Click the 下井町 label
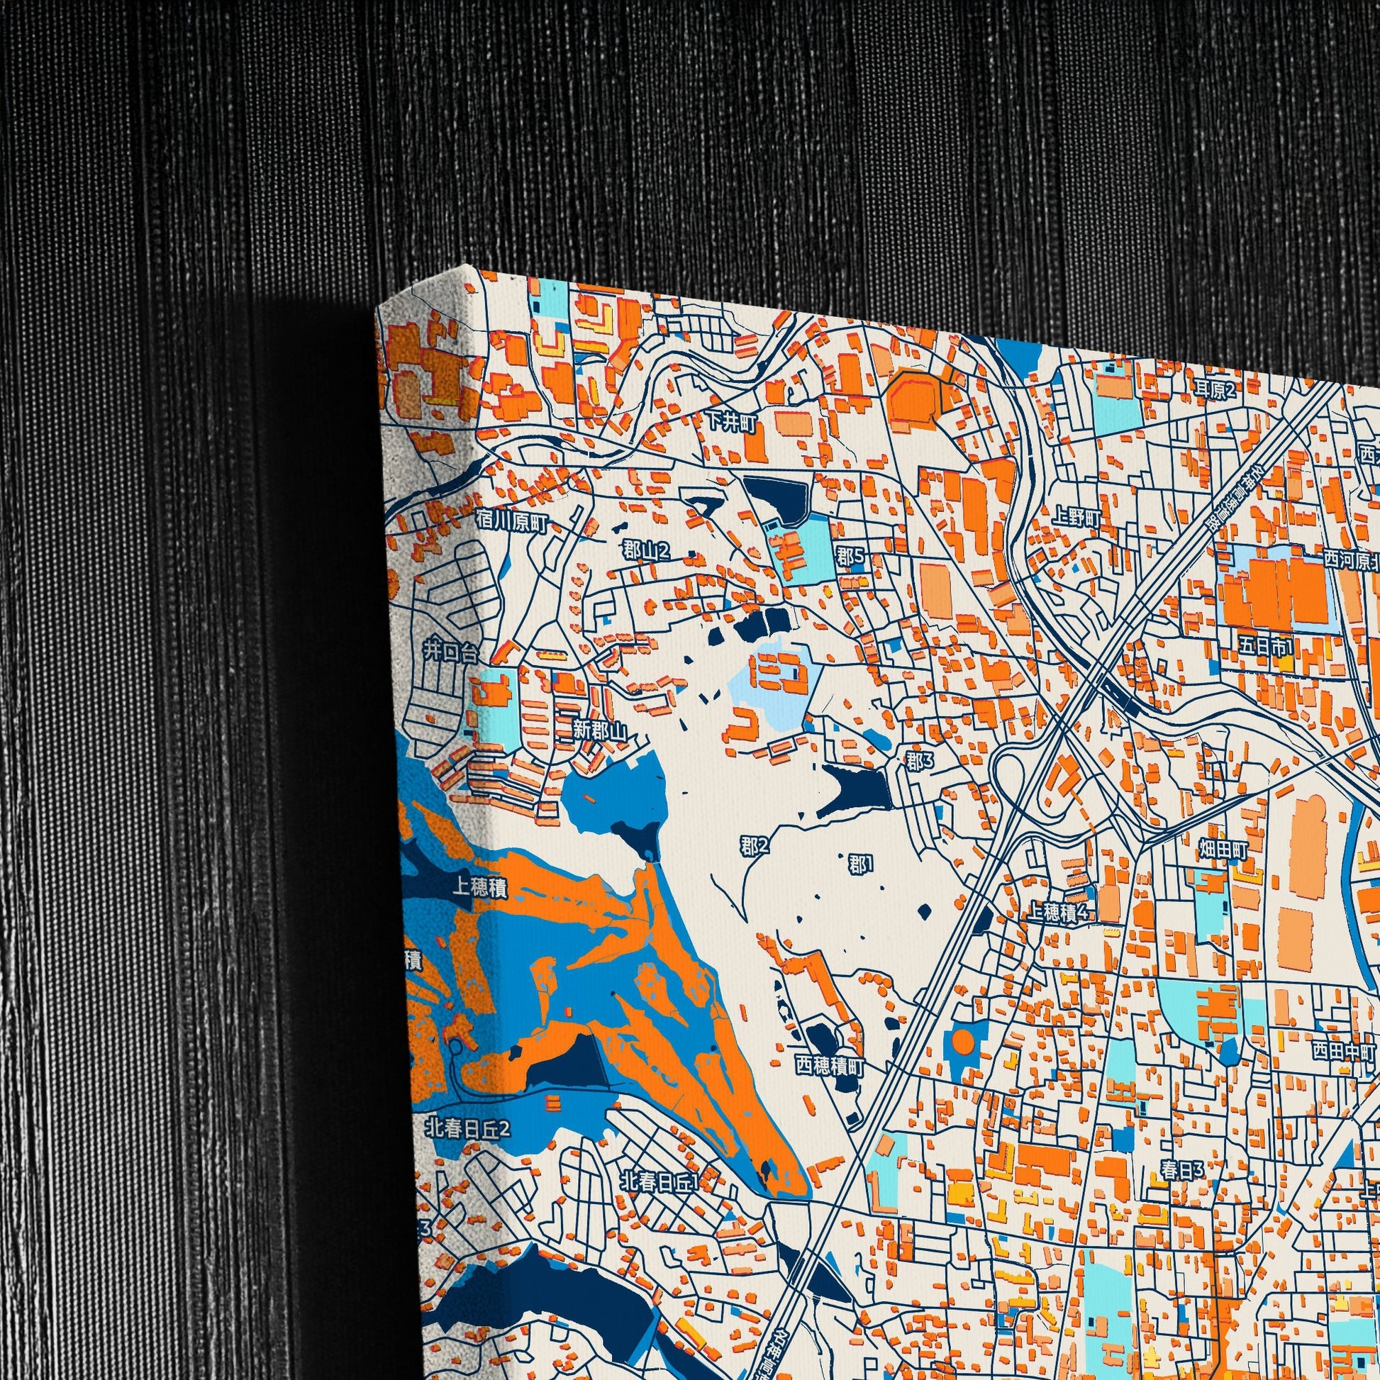730,422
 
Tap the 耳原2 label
1215,389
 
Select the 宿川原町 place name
511,525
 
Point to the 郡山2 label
647,550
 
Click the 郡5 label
850,555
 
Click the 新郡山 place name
599,730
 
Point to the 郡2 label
755,847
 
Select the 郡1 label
860,864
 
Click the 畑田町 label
1223,850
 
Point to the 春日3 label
1182,1170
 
